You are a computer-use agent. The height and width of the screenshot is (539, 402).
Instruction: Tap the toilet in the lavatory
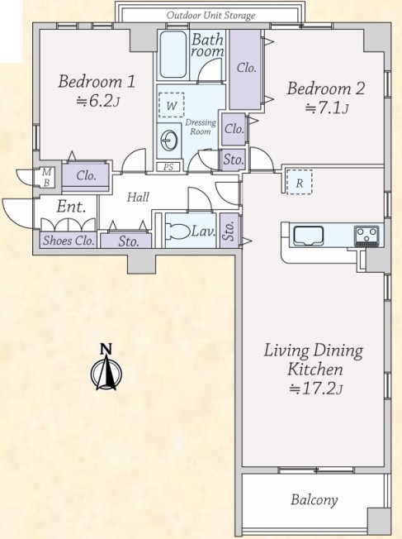click(177, 231)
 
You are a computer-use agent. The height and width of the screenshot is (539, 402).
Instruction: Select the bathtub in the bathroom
click(173, 55)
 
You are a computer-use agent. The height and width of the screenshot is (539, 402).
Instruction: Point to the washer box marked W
click(172, 105)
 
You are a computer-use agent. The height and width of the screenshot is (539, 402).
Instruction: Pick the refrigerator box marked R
click(300, 182)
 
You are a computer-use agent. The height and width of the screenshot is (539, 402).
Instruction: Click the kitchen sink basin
click(308, 236)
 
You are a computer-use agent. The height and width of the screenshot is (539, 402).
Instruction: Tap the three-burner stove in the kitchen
click(367, 236)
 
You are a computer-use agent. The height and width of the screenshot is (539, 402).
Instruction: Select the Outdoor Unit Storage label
click(210, 16)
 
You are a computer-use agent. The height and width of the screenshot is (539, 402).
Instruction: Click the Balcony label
click(315, 500)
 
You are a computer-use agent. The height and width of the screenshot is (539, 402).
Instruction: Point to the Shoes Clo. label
click(69, 241)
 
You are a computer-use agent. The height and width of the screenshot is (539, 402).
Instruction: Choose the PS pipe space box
click(168, 167)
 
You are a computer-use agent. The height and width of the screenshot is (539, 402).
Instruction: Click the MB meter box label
click(47, 178)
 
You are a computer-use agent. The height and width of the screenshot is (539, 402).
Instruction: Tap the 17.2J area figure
click(316, 389)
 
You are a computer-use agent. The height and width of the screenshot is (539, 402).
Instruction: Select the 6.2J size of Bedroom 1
click(98, 101)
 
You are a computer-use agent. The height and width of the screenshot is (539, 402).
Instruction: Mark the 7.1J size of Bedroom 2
click(327, 108)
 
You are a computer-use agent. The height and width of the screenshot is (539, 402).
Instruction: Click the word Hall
click(138, 197)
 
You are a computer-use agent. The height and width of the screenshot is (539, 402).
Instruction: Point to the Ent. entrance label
click(71, 207)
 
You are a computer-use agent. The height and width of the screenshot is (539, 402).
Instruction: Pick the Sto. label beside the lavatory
click(229, 231)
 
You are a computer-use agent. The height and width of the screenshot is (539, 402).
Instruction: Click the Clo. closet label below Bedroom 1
click(86, 175)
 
